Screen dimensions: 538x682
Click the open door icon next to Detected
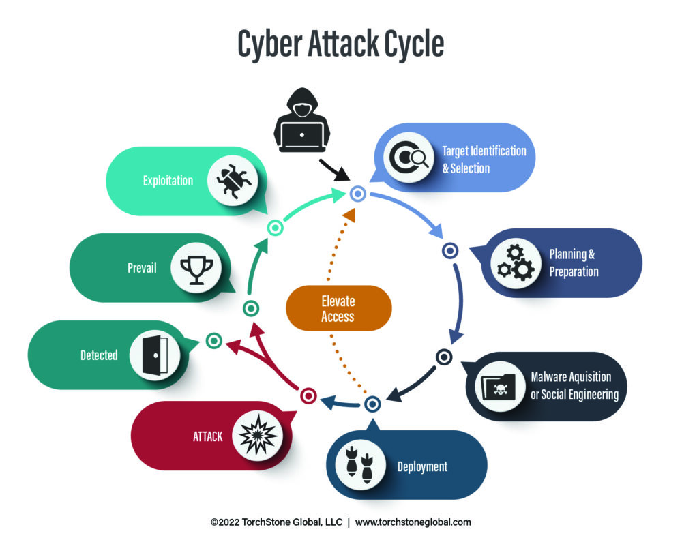(155, 355)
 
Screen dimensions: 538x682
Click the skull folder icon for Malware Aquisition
(499, 387)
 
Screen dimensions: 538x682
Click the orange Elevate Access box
(339, 308)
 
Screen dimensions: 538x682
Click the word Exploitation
(168, 181)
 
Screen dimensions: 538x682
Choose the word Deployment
(422, 466)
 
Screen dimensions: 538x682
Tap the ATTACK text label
(207, 436)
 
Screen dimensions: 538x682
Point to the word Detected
(99, 355)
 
